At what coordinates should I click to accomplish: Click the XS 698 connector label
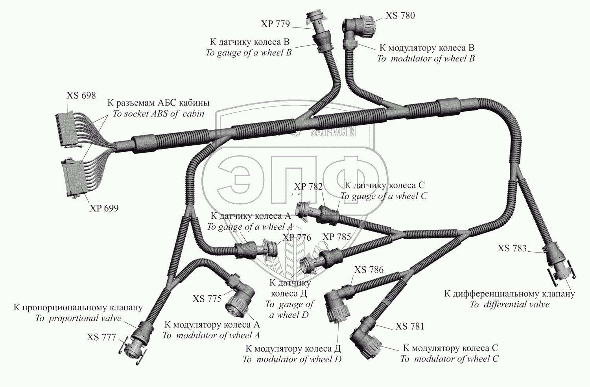[81, 96]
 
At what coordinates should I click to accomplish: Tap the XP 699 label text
[104, 208]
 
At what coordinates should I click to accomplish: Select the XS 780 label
[400, 16]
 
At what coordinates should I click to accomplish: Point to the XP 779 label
[275, 24]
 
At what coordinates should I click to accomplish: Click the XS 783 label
[512, 248]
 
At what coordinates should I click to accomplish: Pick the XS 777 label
[101, 337]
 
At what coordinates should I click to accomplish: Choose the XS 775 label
[207, 299]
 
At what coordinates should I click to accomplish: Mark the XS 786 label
[369, 270]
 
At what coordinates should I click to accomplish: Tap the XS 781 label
[410, 326]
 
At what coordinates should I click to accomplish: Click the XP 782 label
[308, 186]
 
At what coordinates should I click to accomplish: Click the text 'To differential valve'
[509, 304]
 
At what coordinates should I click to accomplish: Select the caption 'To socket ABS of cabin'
[158, 114]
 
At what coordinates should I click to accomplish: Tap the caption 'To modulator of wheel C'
[449, 359]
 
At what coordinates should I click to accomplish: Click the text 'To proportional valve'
[78, 318]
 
